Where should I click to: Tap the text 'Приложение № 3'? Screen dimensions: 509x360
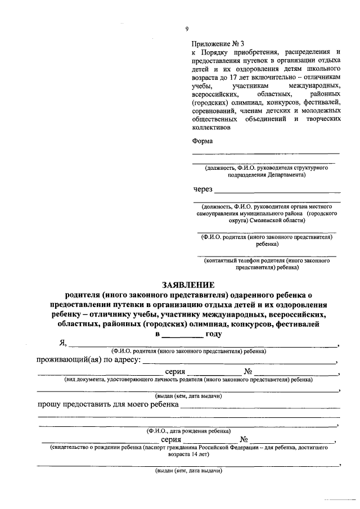point(218,43)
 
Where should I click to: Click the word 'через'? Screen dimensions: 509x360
point(203,188)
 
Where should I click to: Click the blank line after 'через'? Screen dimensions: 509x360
point(277,191)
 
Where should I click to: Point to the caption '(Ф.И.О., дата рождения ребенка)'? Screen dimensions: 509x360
point(188,431)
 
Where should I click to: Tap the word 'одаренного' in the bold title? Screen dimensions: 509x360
point(254,294)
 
